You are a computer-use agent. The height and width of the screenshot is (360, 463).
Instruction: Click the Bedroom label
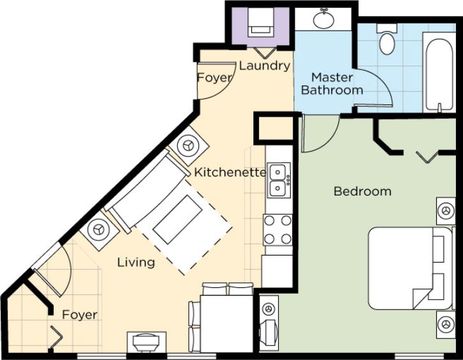362,192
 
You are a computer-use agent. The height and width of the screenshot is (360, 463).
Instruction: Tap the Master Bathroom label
332,84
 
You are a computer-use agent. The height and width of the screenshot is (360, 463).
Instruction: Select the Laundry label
265,66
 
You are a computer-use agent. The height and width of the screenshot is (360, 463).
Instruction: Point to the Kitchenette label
230,172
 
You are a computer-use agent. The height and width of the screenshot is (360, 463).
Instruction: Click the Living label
136,263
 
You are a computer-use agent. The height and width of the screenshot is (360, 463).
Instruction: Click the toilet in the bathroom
387,40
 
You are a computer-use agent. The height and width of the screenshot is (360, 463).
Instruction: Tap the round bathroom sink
323,18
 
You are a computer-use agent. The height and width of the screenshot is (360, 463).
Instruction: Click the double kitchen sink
278,180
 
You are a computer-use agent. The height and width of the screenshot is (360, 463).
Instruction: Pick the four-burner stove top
277,230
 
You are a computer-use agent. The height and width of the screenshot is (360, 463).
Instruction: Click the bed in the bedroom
410,268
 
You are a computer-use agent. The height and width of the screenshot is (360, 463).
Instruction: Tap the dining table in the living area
226,324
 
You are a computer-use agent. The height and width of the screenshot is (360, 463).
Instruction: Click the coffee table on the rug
178,220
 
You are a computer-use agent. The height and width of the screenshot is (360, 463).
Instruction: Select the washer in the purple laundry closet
260,22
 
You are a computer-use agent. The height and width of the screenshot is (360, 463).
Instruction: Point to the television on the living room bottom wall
147,342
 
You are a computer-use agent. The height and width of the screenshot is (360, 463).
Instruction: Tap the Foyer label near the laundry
215,78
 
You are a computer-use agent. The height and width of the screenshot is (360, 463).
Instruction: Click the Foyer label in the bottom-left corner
80,315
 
